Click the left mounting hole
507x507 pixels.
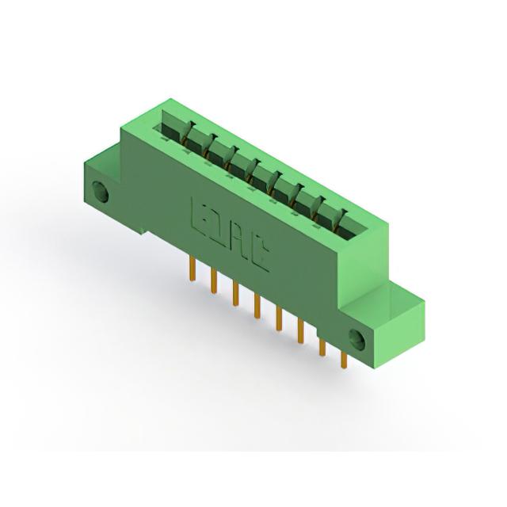pos(100,192)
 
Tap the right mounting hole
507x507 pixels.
pos(357,340)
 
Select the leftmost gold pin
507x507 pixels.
pos(193,269)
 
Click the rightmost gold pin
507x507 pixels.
pos(344,359)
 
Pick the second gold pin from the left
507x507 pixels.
pos(214,280)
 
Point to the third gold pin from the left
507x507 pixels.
pos(236,294)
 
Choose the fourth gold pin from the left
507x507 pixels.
pos(257,306)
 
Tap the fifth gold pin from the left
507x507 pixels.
pos(279,318)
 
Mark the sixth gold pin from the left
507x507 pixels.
pos(301,331)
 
